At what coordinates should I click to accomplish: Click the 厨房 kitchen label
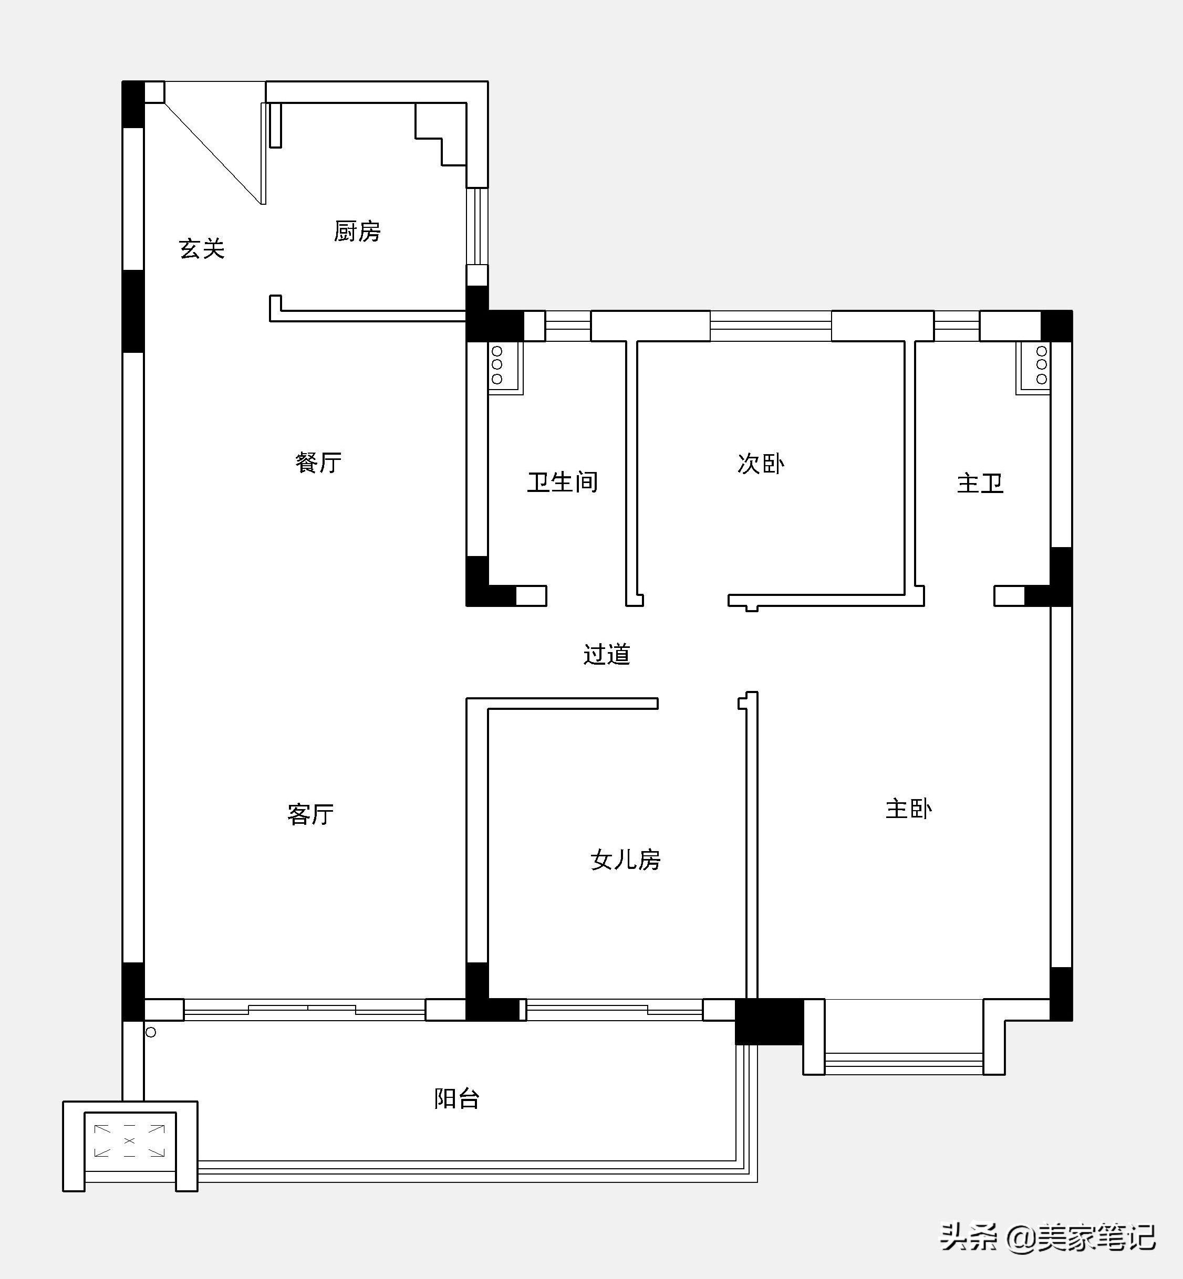(x=357, y=231)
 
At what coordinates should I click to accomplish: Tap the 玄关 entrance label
(x=202, y=248)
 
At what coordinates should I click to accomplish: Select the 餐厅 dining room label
(x=318, y=462)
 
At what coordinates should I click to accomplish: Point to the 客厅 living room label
(x=310, y=814)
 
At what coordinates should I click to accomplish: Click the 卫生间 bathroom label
(x=563, y=482)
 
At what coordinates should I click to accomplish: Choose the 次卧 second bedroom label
(x=761, y=464)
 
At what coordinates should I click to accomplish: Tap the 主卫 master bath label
(x=980, y=483)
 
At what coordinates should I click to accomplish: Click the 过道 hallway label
(x=607, y=654)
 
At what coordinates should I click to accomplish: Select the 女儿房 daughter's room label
(x=626, y=859)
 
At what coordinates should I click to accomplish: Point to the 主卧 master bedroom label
(x=909, y=809)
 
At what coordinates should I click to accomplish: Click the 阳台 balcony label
(x=457, y=1098)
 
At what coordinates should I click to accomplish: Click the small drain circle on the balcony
(x=151, y=1032)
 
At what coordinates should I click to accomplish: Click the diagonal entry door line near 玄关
(x=213, y=153)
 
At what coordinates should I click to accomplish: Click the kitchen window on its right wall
(x=477, y=226)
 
